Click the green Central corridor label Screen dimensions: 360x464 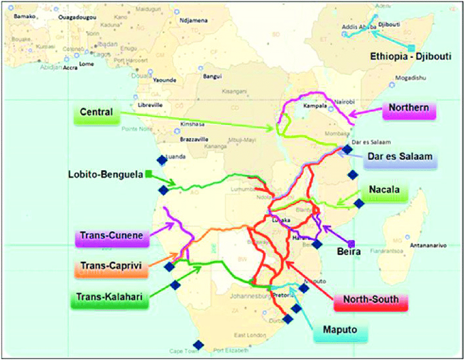click(96, 112)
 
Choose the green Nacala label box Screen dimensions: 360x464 click(391, 190)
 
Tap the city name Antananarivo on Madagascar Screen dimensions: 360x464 click(425, 245)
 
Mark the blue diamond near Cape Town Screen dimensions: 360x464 click(198, 345)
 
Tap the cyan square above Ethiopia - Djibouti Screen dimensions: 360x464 click(411, 48)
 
